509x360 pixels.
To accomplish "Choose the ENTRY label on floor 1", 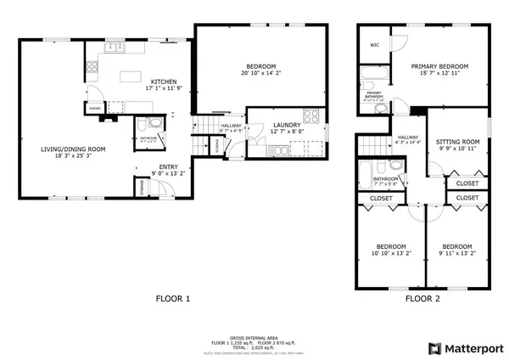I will coord(169,166).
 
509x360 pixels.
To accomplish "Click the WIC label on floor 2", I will coord(373,45).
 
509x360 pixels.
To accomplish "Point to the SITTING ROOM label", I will coord(457,142).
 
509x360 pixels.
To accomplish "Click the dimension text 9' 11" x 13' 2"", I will coord(457,252).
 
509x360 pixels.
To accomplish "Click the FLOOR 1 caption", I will coord(172,299).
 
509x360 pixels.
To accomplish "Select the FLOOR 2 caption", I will coord(422,299).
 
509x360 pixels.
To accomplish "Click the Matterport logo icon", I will coord(433,348).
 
